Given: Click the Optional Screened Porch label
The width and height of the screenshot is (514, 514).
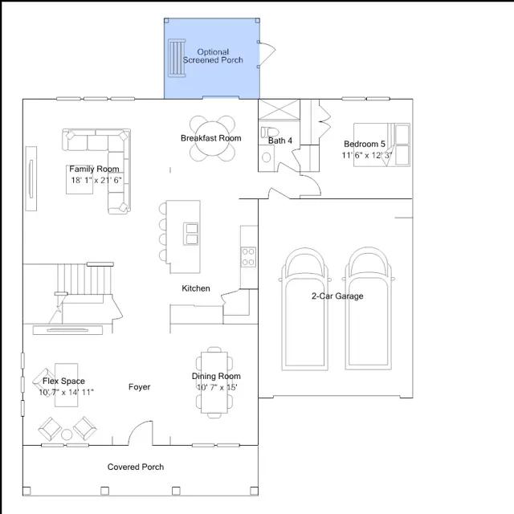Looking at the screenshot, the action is (213, 56).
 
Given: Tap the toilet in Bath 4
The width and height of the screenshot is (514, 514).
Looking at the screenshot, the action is (269, 132).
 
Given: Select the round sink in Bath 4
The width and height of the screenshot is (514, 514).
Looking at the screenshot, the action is (266, 157).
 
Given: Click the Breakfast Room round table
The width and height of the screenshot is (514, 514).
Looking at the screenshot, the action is (212, 138).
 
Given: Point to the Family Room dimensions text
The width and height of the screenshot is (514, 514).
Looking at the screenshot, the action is (96, 180).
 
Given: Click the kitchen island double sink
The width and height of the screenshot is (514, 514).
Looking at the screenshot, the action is (190, 234).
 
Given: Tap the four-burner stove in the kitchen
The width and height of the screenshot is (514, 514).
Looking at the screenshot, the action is (248, 257).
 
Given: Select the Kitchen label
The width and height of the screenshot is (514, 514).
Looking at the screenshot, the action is (196, 288).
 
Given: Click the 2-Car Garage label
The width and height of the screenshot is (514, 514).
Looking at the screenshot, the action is (337, 296).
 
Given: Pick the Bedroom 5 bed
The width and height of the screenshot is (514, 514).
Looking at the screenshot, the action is (381, 145).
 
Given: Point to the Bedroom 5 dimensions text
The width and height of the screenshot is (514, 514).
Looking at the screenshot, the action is (366, 155).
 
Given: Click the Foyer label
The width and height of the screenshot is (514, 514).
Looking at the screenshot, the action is (139, 387).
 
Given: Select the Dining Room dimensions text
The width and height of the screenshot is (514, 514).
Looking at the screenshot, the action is (217, 387).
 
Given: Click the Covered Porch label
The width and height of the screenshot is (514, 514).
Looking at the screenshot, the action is (136, 467).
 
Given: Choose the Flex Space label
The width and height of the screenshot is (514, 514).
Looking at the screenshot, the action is (63, 381).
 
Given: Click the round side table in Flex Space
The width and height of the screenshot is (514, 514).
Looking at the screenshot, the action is (67, 434).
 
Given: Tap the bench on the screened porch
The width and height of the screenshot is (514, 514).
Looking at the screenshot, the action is (177, 58).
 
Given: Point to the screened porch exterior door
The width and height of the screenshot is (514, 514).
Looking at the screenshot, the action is (267, 54).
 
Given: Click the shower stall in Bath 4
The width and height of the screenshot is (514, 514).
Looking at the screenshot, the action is (279, 109).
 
